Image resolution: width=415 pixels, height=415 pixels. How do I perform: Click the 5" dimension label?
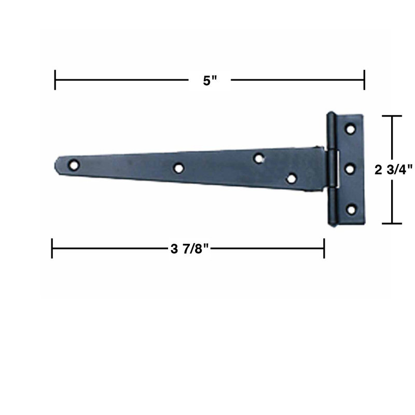pyautogui.click(x=210, y=81)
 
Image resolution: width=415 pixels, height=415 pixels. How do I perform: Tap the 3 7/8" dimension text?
pyautogui.click(x=189, y=248)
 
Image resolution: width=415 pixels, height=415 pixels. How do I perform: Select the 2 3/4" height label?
pyautogui.click(x=393, y=169)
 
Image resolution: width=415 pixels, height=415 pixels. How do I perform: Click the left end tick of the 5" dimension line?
pyautogui.click(x=55, y=80)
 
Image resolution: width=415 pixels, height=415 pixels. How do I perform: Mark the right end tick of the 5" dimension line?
pyautogui.click(x=364, y=80)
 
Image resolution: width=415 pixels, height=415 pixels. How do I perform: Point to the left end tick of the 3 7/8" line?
pyautogui.click(x=52, y=248)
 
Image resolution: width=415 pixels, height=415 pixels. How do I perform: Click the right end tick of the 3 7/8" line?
pyautogui.click(x=324, y=248)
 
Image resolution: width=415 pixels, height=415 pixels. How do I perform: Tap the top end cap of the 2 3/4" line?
pyautogui.click(x=392, y=116)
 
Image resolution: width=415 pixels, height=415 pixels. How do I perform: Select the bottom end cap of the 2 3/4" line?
pyautogui.click(x=392, y=224)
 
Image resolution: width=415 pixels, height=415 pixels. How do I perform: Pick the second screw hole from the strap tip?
pyautogui.click(x=178, y=168)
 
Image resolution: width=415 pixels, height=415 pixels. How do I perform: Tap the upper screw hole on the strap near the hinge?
pyautogui.click(x=258, y=158)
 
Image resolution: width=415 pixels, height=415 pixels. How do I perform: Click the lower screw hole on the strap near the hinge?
pyautogui.click(x=292, y=178)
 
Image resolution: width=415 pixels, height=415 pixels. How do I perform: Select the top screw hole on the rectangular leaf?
pyautogui.click(x=351, y=128)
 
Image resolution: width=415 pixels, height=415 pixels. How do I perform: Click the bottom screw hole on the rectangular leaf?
pyautogui.click(x=351, y=209)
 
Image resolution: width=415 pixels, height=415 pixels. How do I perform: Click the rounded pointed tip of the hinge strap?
pyautogui.click(x=56, y=164)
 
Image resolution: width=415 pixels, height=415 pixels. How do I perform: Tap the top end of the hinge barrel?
pyautogui.click(x=330, y=114)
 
